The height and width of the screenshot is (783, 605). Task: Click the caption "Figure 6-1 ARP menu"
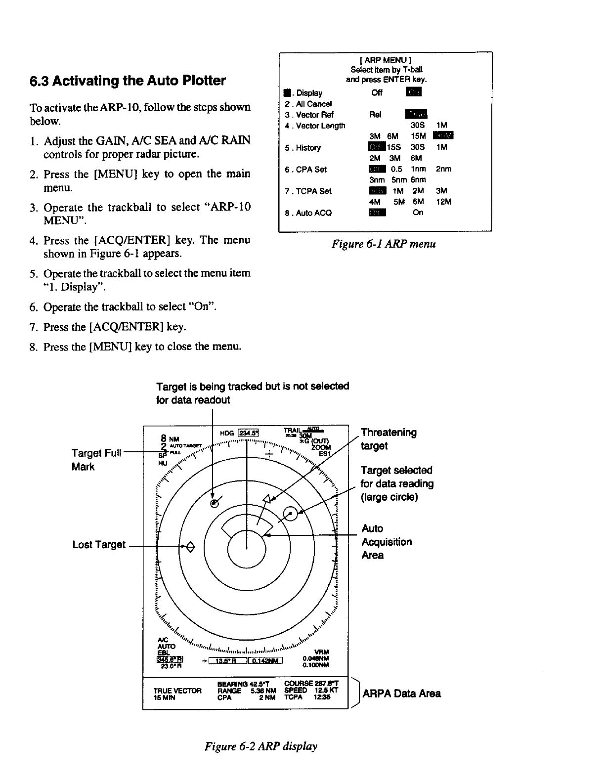click(384, 244)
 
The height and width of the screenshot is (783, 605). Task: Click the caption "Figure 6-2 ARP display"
click(260, 746)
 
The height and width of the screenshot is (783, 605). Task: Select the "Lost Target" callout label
click(99, 544)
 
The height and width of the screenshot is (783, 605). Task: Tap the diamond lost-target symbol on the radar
click(191, 546)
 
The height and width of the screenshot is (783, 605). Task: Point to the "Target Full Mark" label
click(96, 460)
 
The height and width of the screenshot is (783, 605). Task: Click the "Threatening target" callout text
click(389, 439)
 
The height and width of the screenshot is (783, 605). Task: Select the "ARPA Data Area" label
click(401, 693)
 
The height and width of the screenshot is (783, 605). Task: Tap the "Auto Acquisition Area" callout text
click(387, 542)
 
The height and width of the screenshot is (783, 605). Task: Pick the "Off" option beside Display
click(377, 93)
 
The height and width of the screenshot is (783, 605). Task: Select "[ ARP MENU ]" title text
click(386, 60)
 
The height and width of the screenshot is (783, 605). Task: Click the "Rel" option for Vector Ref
click(375, 115)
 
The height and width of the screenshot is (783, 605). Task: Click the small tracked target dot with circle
click(214, 503)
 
